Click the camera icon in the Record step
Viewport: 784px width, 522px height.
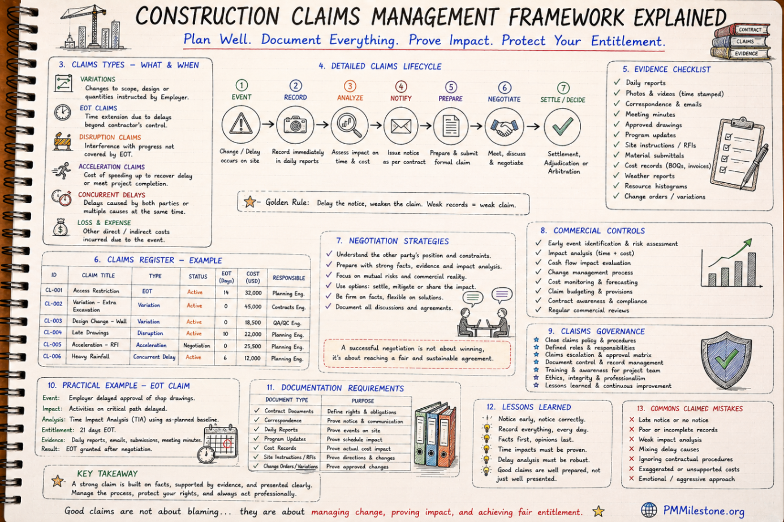pos(295,124)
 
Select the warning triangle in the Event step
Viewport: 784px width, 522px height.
pos(241,124)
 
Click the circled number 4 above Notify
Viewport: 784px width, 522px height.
pos(401,87)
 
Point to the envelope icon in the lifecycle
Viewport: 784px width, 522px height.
pos(400,126)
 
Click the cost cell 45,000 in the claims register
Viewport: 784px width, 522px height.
pos(253,307)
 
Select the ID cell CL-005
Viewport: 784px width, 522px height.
pos(52,344)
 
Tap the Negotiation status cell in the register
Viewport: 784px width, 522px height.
pos(197,346)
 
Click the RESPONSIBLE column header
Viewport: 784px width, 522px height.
pos(288,278)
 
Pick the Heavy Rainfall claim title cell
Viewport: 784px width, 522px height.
pos(91,356)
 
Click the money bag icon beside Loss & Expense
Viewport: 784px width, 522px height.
pos(61,228)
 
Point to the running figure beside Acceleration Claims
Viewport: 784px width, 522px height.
pos(62,171)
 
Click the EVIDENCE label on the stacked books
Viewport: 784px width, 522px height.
pos(746,54)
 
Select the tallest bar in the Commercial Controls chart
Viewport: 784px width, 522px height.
pos(751,269)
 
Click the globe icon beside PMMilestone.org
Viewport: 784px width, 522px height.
pos(649,511)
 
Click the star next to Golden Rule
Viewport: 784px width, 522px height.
pos(250,201)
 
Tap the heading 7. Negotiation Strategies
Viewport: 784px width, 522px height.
pos(392,241)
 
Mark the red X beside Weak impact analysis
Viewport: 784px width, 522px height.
pos(632,439)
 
